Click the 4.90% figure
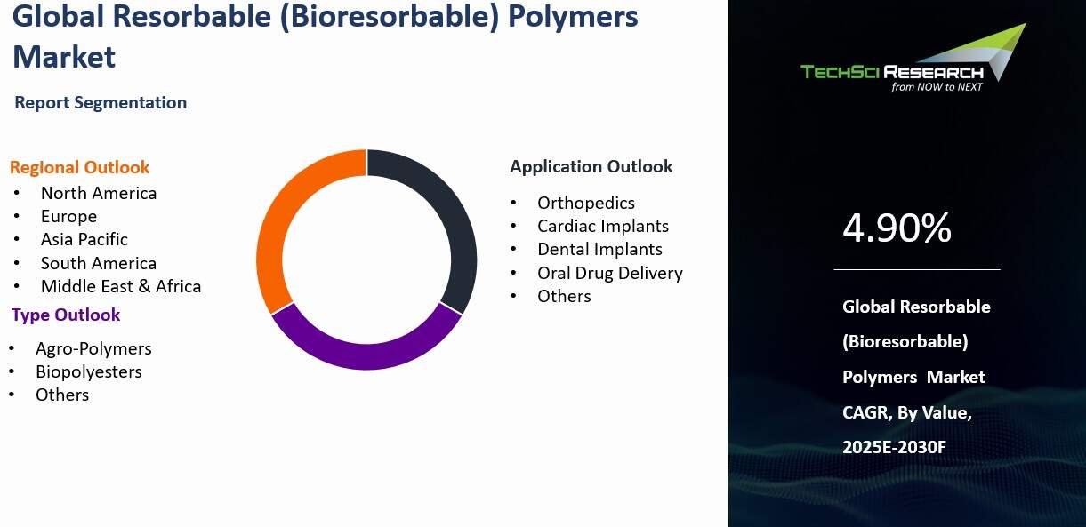point(897,228)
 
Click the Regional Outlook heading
point(79,167)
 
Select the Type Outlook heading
point(66,315)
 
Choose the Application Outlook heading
point(591,166)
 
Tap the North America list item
point(99,193)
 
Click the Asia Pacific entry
point(84,239)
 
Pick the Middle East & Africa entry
point(121,286)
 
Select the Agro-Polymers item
point(93,348)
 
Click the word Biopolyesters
point(89,371)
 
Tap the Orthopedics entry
point(586,203)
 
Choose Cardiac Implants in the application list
point(603,226)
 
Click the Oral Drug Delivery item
point(610,273)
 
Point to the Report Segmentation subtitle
point(101,102)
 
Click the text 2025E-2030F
point(894,447)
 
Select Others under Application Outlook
point(564,296)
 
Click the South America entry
point(99,263)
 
